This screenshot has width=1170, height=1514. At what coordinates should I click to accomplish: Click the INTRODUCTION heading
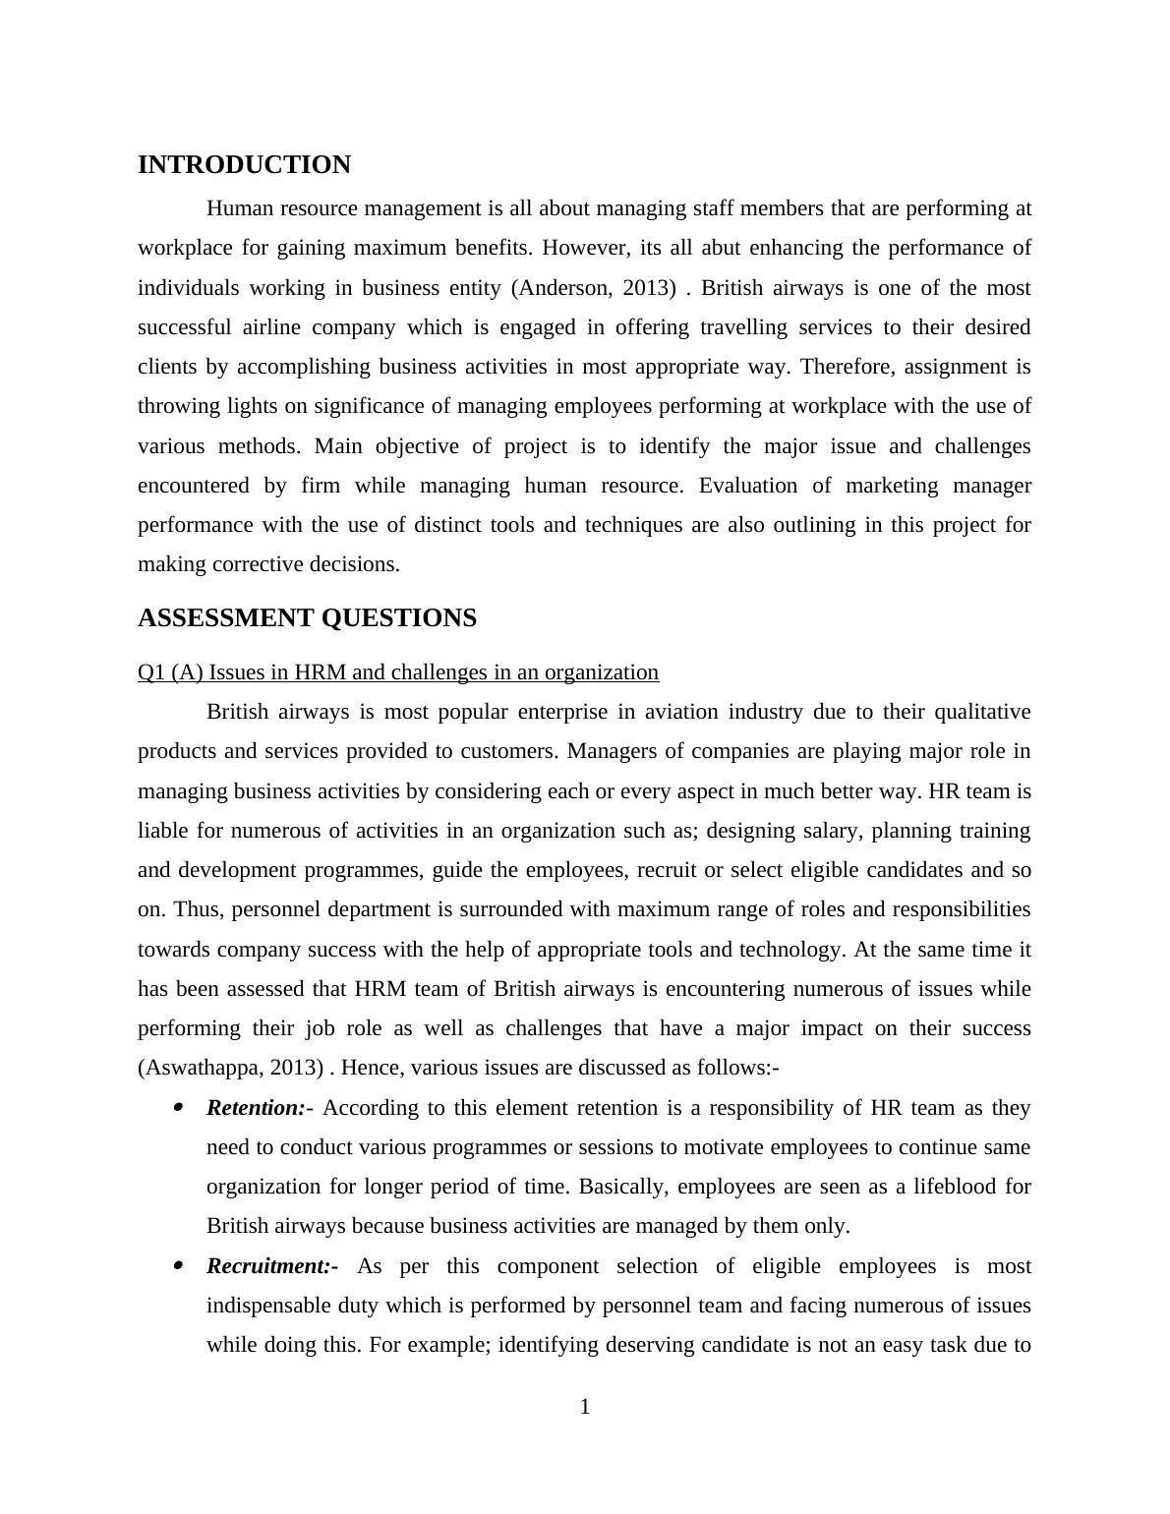244,165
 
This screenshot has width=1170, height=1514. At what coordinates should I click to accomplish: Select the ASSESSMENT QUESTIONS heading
307,618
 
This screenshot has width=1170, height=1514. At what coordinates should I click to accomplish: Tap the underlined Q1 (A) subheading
398,672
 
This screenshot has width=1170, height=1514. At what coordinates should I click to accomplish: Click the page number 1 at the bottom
585,1408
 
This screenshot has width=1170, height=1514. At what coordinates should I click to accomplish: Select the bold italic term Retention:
256,1108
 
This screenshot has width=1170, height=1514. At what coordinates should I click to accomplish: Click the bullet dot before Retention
178,1108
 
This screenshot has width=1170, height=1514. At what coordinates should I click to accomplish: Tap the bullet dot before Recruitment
178,1266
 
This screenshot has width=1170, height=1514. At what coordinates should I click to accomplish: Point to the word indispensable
267,1306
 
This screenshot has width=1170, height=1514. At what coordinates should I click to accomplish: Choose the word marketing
898,486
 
